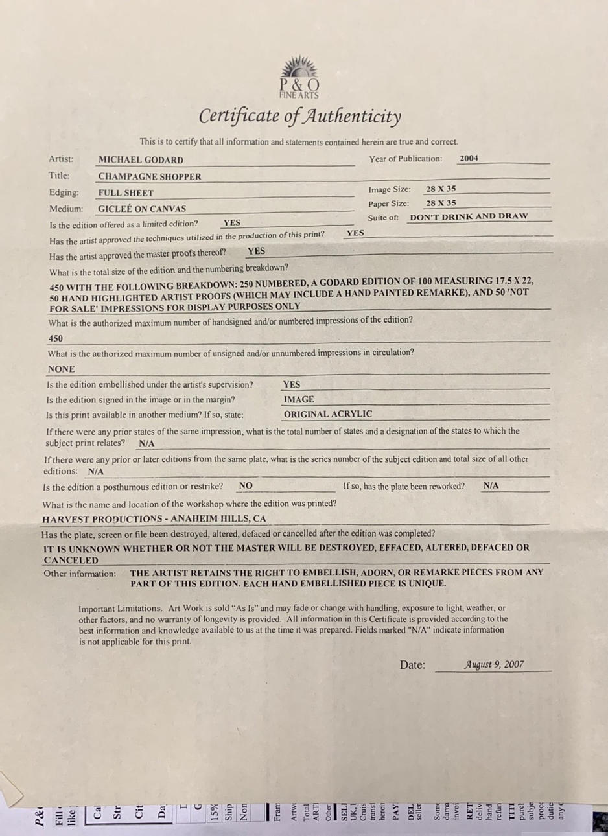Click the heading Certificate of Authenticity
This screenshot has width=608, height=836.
point(299,117)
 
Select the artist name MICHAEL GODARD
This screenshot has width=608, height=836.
point(141,160)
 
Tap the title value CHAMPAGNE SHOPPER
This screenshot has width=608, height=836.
point(150,176)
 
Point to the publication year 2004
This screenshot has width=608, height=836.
point(469,158)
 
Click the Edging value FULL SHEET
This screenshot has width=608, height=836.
point(126,193)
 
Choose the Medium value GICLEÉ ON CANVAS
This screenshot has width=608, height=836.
point(142,209)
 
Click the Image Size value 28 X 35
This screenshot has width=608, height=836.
point(441,189)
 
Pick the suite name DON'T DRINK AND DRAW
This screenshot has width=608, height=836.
point(469,216)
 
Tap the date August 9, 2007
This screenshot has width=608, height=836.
point(494,664)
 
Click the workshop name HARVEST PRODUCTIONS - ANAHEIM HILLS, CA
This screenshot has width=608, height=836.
point(154,519)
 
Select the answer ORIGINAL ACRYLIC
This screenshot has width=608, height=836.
point(328,414)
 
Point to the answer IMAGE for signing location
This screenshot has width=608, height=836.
point(299,399)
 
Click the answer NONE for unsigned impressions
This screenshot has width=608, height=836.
point(62,369)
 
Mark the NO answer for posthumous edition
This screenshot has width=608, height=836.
point(246,485)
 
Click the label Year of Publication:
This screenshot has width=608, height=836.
point(406,159)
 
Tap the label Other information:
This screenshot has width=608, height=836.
point(80,574)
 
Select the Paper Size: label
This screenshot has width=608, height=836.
point(389,203)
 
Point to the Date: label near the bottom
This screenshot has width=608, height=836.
point(412,665)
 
